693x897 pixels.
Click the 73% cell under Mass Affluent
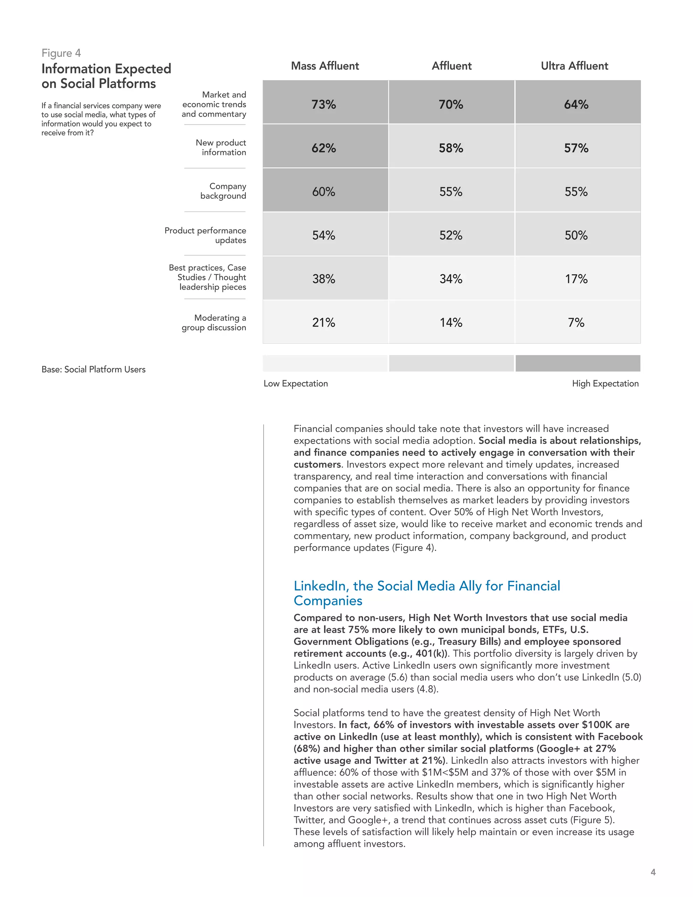click(323, 104)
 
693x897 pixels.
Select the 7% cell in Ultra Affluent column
click(576, 322)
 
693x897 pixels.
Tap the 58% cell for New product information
click(451, 148)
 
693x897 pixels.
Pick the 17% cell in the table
click(576, 279)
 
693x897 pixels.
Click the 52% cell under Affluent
click(451, 235)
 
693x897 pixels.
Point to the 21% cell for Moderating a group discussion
click(323, 322)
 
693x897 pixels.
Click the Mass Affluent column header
click(325, 66)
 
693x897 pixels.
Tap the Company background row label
click(223, 191)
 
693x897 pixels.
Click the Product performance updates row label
click(205, 235)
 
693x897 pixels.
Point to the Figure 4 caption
click(61, 53)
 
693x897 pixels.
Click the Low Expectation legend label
click(296, 383)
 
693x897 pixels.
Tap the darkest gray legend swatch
click(578, 363)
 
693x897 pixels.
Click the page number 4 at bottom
click(653, 872)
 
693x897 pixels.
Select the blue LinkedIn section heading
click(427, 593)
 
